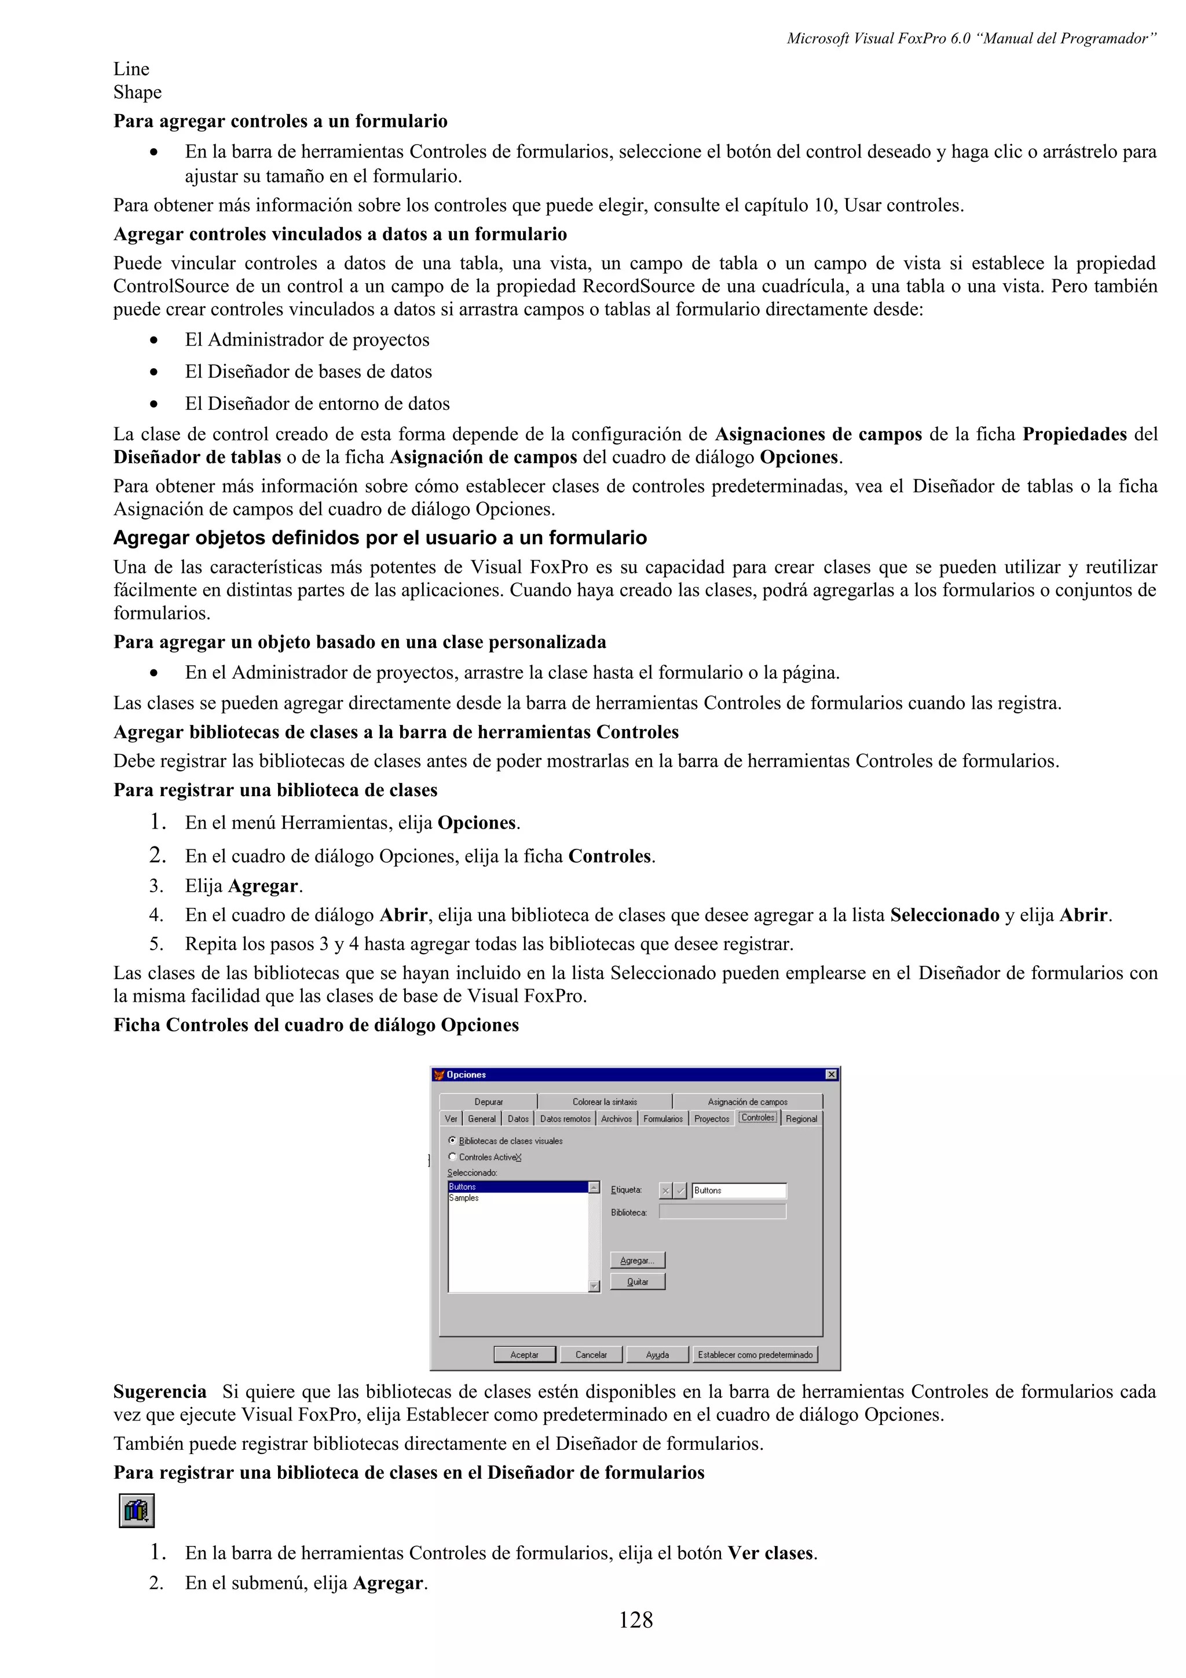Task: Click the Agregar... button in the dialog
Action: [x=637, y=1260]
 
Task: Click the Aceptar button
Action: [x=524, y=1354]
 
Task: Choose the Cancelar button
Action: [x=591, y=1354]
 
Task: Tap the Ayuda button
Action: [x=657, y=1354]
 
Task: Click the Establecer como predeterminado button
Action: [x=755, y=1354]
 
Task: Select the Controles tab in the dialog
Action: [x=758, y=1118]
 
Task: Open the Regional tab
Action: [x=801, y=1119]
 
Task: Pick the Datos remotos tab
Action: [x=565, y=1119]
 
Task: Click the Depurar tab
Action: [x=488, y=1101]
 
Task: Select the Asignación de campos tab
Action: [x=747, y=1101]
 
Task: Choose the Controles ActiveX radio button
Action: [x=452, y=1157]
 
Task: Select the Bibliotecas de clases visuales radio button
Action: [x=452, y=1140]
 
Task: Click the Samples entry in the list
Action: [x=464, y=1198]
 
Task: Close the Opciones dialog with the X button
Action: [x=831, y=1074]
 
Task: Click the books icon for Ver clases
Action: [x=137, y=1511]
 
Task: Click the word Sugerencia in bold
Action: [x=160, y=1391]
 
